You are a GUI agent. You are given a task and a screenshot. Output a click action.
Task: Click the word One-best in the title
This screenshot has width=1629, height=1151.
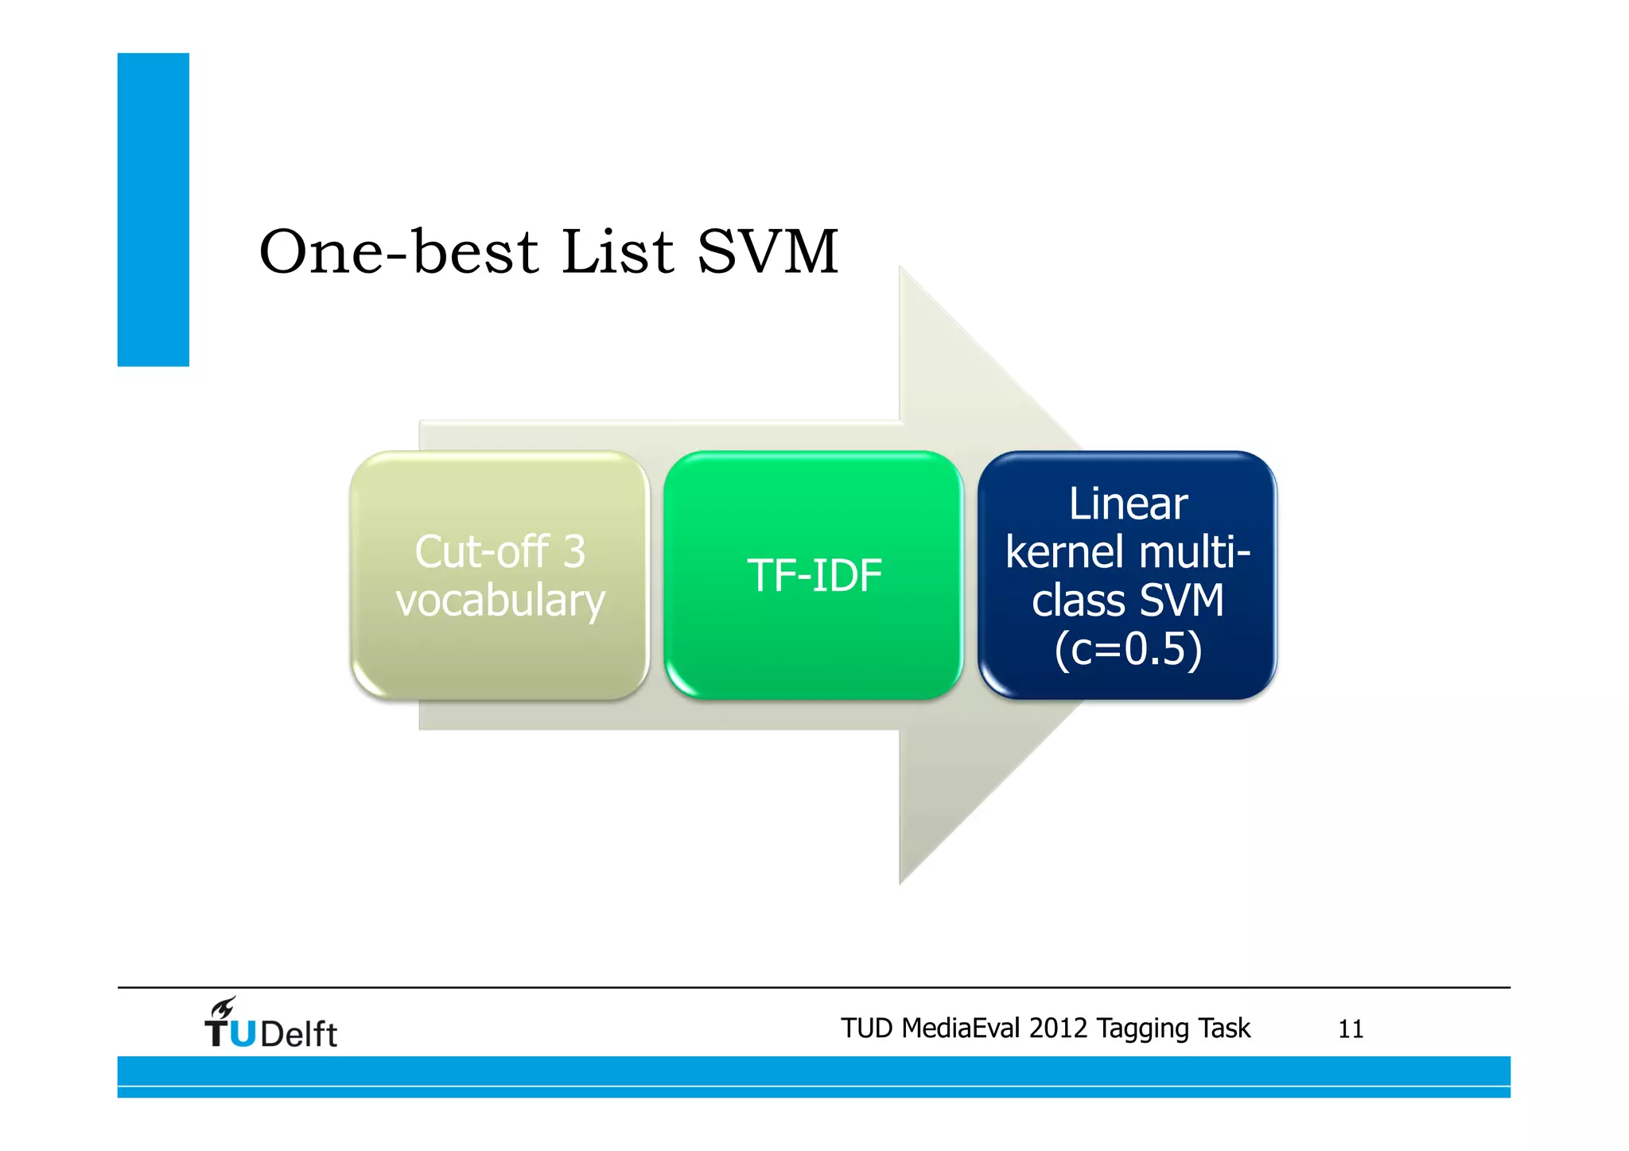tap(398, 252)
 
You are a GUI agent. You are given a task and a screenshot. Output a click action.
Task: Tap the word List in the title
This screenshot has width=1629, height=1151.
tap(617, 252)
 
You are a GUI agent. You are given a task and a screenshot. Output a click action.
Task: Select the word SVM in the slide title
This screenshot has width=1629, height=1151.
tap(768, 252)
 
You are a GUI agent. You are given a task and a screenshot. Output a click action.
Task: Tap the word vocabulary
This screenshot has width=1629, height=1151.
tap(500, 601)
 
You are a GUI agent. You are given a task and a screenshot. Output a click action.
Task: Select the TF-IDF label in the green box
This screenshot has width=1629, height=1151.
tap(814, 575)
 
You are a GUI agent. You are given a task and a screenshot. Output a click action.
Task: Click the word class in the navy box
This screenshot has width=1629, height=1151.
tap(1070, 601)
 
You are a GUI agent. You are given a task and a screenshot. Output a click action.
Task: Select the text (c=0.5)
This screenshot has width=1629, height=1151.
tap(1127, 649)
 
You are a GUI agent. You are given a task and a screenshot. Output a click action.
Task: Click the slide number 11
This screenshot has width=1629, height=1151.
tap(1350, 1029)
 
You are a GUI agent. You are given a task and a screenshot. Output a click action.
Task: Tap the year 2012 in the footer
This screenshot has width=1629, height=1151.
tap(1057, 1029)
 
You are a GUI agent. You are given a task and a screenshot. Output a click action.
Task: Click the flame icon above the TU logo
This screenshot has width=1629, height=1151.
tap(224, 1007)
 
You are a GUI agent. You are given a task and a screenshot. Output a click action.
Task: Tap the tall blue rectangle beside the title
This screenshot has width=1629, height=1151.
tap(153, 209)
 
